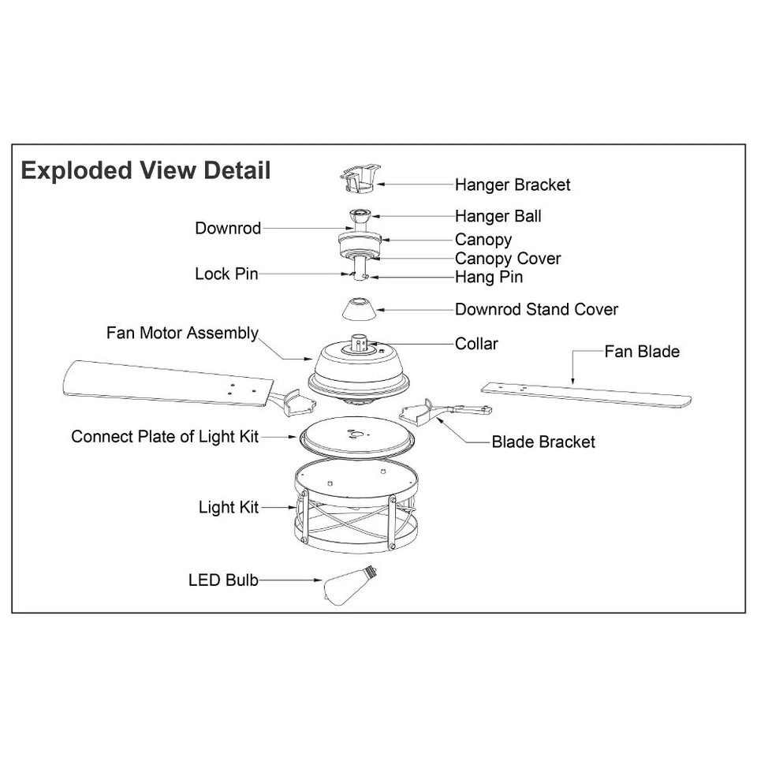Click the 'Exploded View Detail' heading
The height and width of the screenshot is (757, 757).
click(x=146, y=170)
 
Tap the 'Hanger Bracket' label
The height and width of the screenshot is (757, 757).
click(x=512, y=185)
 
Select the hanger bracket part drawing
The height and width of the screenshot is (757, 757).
click(x=358, y=178)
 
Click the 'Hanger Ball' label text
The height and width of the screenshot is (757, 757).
click(x=498, y=216)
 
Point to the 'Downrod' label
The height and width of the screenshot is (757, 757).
click(x=228, y=229)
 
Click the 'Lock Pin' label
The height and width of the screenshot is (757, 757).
click(x=226, y=274)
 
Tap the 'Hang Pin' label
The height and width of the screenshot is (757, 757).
click(x=488, y=277)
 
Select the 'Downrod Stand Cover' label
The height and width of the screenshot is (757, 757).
click(x=536, y=309)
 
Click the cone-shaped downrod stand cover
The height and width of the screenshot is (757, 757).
click(x=359, y=309)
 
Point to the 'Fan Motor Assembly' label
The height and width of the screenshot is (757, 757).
click(x=182, y=333)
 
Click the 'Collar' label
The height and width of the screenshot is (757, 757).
click(x=476, y=344)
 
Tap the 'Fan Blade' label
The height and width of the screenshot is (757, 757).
click(x=641, y=351)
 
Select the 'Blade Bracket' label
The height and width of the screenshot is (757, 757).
click(x=543, y=442)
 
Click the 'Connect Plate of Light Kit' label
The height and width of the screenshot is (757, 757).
click(x=165, y=436)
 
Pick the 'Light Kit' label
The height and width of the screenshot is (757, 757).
click(x=228, y=507)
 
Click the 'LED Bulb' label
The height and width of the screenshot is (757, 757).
click(x=223, y=580)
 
